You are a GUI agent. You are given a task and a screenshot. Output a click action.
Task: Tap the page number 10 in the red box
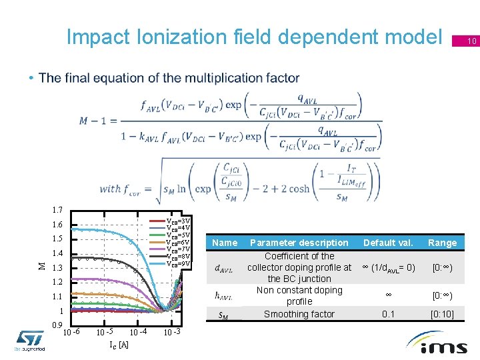(471, 42)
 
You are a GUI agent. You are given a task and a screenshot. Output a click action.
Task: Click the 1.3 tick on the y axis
(56, 268)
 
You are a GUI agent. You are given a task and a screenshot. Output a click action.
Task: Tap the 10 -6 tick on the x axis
(72, 332)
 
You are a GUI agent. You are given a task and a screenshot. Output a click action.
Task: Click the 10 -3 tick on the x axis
(171, 332)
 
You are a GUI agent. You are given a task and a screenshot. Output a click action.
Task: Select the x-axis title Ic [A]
(119, 345)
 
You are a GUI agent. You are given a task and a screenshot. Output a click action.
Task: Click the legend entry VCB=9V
(178, 263)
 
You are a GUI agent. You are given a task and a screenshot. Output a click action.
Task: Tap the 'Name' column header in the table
(225, 243)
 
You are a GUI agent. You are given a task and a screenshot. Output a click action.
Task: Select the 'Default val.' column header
(388, 243)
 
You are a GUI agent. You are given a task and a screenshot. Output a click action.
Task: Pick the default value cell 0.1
(388, 314)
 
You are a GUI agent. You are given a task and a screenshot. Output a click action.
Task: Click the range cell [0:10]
(443, 314)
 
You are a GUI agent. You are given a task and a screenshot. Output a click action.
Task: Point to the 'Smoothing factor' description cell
(299, 314)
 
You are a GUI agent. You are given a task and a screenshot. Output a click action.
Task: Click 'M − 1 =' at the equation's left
(99, 121)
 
